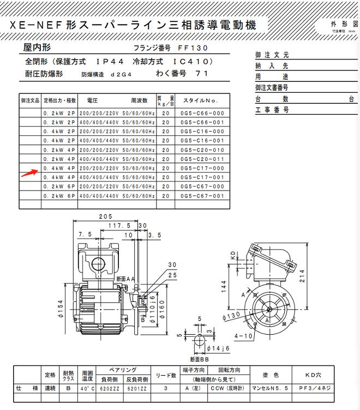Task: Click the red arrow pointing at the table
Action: pyautogui.click(x=27, y=173)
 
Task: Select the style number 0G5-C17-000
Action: pyautogui.click(x=202, y=169)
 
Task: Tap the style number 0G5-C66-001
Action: pyautogui.click(x=202, y=122)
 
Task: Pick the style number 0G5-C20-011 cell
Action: pyautogui.click(x=202, y=159)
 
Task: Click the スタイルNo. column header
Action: pyautogui.click(x=200, y=101)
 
